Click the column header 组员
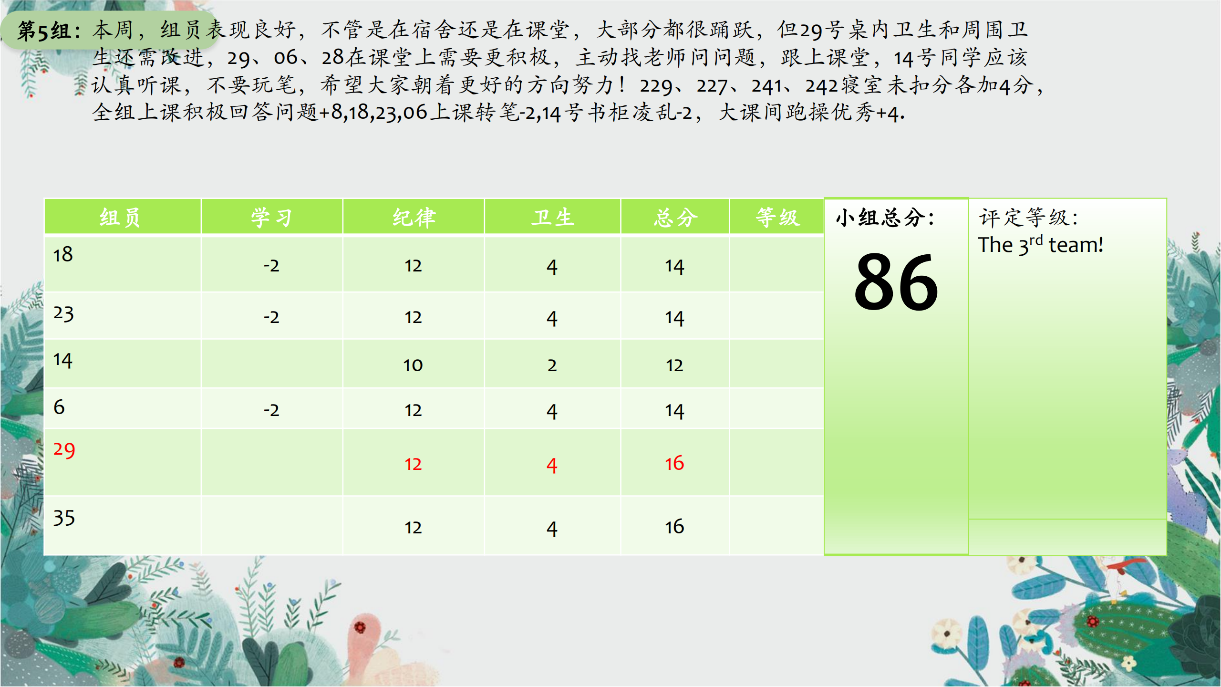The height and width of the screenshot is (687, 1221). point(120,218)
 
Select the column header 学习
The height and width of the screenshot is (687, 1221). point(271,218)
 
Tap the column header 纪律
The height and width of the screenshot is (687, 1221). point(414,218)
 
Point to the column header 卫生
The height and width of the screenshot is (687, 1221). point(552,218)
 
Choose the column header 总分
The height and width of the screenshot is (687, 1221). point(675,218)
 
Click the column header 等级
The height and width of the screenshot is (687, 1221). point(777,218)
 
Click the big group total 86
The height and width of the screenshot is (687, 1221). point(896,282)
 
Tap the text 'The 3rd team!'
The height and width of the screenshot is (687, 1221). point(1041,245)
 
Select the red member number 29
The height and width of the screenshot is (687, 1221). point(64,450)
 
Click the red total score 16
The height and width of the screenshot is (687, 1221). point(674,463)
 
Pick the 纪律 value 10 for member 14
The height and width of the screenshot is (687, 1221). point(413,365)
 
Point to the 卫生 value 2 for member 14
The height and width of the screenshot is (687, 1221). point(552,365)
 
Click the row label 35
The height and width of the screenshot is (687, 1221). point(64,518)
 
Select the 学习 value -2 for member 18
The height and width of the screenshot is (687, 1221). point(271,266)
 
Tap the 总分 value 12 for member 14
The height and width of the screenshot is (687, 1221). point(674,365)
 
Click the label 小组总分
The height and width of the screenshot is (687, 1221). point(885,218)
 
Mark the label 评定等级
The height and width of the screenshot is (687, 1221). point(1028,218)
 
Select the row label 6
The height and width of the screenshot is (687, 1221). point(59,407)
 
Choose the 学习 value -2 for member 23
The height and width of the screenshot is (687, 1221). point(271,317)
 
